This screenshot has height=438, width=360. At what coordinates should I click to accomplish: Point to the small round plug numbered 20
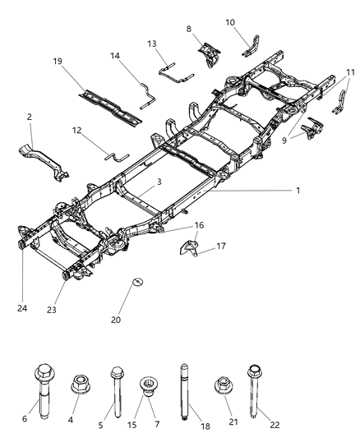pos(137,284)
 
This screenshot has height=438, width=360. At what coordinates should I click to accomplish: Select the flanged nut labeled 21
pos(221,384)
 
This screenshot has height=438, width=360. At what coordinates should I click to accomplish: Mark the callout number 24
pos(21,309)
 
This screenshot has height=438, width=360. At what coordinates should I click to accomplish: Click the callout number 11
pos(351,71)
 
